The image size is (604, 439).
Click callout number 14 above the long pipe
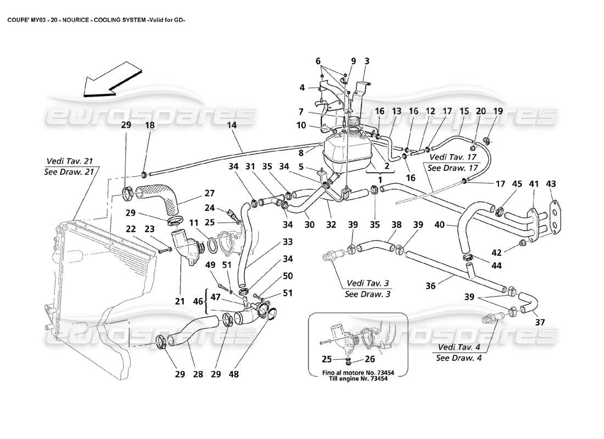231,126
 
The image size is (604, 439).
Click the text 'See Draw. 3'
366,294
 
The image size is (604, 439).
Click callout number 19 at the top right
498,111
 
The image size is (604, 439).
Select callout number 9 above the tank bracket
353,61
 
